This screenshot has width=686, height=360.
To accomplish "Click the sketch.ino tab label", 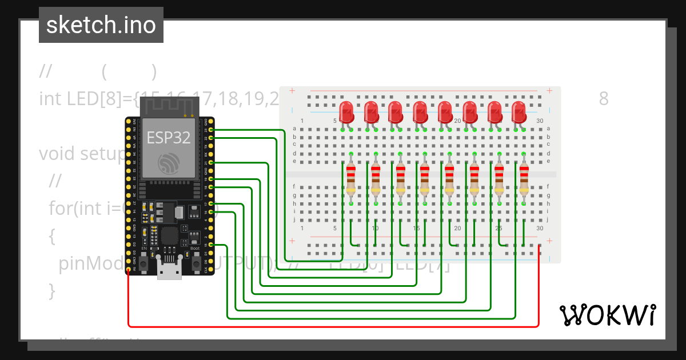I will click(101, 25).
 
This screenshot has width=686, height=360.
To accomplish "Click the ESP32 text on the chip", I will click(169, 138).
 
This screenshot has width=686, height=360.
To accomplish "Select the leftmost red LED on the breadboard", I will click(346, 112).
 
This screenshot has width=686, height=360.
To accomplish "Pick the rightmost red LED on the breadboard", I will click(519, 112).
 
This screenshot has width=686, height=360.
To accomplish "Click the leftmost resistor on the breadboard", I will click(350, 178).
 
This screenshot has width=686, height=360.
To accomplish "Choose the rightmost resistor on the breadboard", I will click(524, 178).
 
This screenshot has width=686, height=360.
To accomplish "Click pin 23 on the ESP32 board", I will click(212, 130).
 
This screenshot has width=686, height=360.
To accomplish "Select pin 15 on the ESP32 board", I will click(212, 245).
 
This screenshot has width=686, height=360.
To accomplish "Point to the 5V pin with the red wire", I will click(129, 269).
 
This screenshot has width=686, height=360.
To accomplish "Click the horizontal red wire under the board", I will click(332, 327).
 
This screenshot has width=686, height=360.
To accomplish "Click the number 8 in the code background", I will click(604, 99).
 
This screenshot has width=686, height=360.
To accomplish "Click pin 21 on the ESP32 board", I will click(212, 163).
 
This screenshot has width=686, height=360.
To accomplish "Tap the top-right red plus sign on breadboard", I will click(549, 90).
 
